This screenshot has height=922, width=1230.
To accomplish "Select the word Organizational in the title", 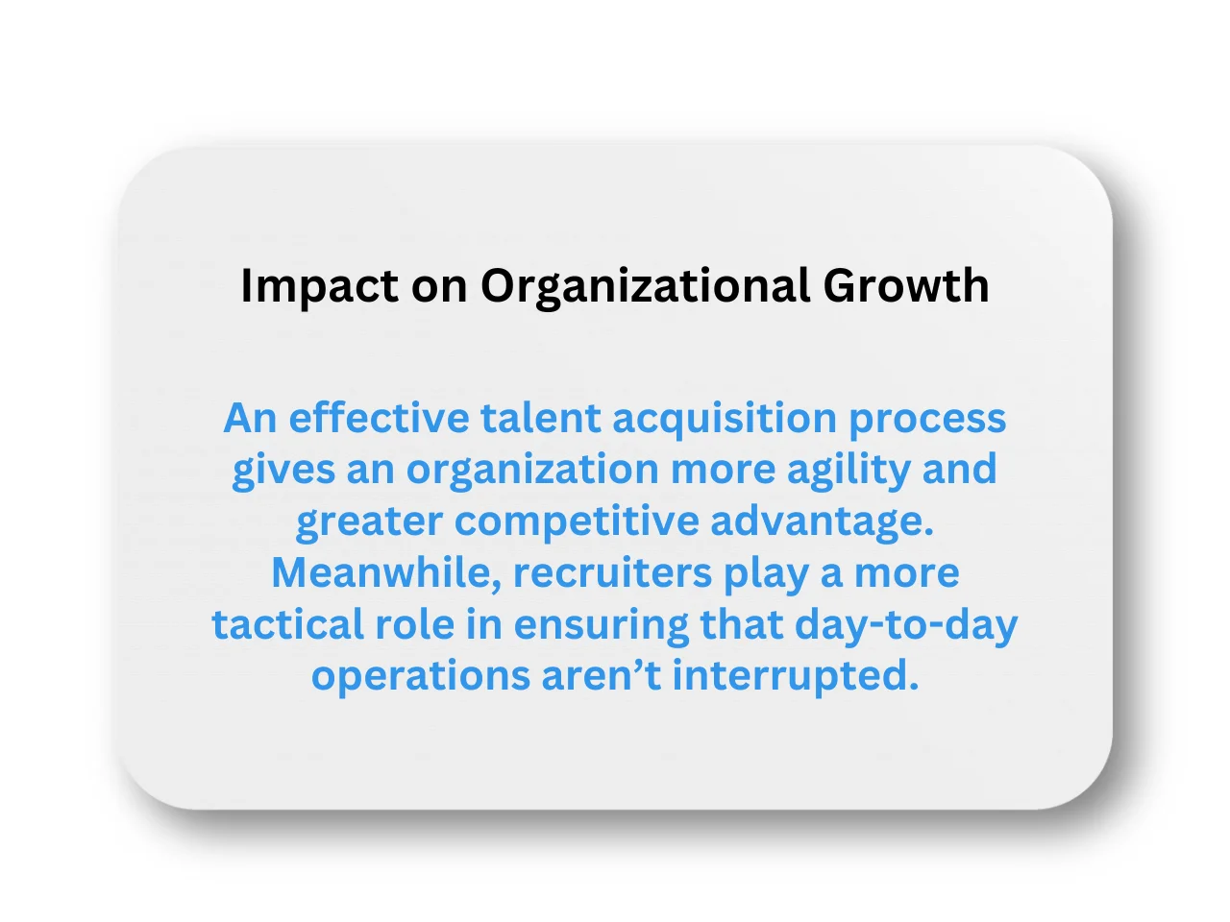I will [x=645, y=286].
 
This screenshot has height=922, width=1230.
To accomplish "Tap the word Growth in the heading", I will [x=906, y=286].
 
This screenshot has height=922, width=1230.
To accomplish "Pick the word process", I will [x=927, y=419].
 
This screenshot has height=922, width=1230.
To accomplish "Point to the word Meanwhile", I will [x=386, y=573].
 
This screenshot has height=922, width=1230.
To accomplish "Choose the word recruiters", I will [x=611, y=573].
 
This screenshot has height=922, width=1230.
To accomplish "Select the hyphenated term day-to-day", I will [x=906, y=625].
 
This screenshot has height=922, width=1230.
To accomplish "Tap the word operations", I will [x=420, y=676].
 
